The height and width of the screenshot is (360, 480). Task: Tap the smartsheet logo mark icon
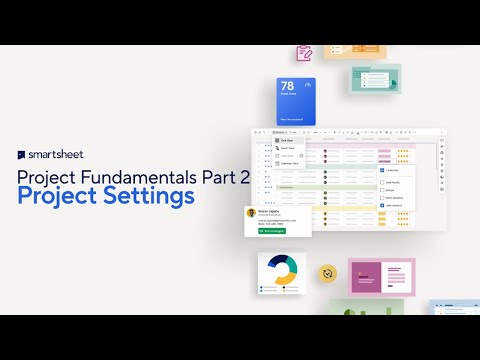pos(21,156)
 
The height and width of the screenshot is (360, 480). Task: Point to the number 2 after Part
pos(240,176)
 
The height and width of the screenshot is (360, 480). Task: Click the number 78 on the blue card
pos(288,87)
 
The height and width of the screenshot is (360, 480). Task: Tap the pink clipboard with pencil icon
pos(304,53)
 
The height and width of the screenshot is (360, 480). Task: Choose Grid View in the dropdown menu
pos(288,141)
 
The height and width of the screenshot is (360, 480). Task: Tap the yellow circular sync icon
pos(326,272)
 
